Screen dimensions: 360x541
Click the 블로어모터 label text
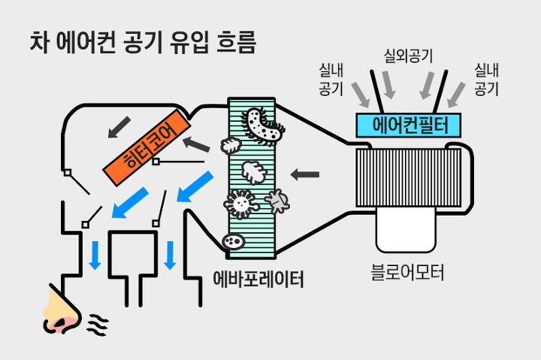coord(408,272)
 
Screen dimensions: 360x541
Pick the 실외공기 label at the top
coord(408,55)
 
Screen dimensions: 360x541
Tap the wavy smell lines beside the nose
coord(97,324)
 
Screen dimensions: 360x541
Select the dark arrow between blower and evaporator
coord(304,175)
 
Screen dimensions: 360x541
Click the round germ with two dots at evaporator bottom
coord(233,241)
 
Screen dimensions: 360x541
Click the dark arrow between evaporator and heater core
coord(195,145)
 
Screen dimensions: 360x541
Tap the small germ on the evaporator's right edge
coord(278,200)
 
